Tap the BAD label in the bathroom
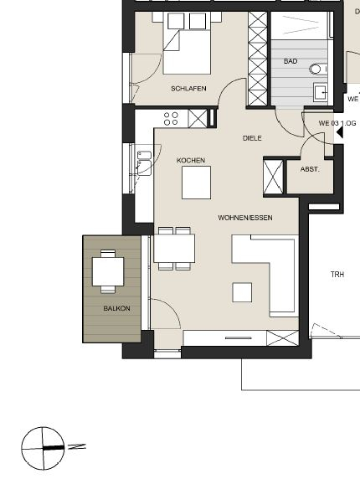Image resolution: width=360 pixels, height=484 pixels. click(291, 62)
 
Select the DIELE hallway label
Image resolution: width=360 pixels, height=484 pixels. click(252, 138)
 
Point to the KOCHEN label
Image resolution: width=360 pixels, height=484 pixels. click(191, 160)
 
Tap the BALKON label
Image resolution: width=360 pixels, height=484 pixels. click(116, 309)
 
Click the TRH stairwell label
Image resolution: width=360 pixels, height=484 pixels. click(337, 275)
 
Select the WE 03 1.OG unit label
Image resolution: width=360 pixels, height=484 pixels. click(337, 123)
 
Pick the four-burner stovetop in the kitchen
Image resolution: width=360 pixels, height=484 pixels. click(171, 118)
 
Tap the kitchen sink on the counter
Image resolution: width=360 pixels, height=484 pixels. click(143, 159)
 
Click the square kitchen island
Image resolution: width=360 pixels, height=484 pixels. click(196, 182)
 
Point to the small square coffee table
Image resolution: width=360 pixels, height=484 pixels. click(242, 292)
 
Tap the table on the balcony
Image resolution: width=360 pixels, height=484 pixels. click(108, 271)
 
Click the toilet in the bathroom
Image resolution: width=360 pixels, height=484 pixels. click(317, 70)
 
